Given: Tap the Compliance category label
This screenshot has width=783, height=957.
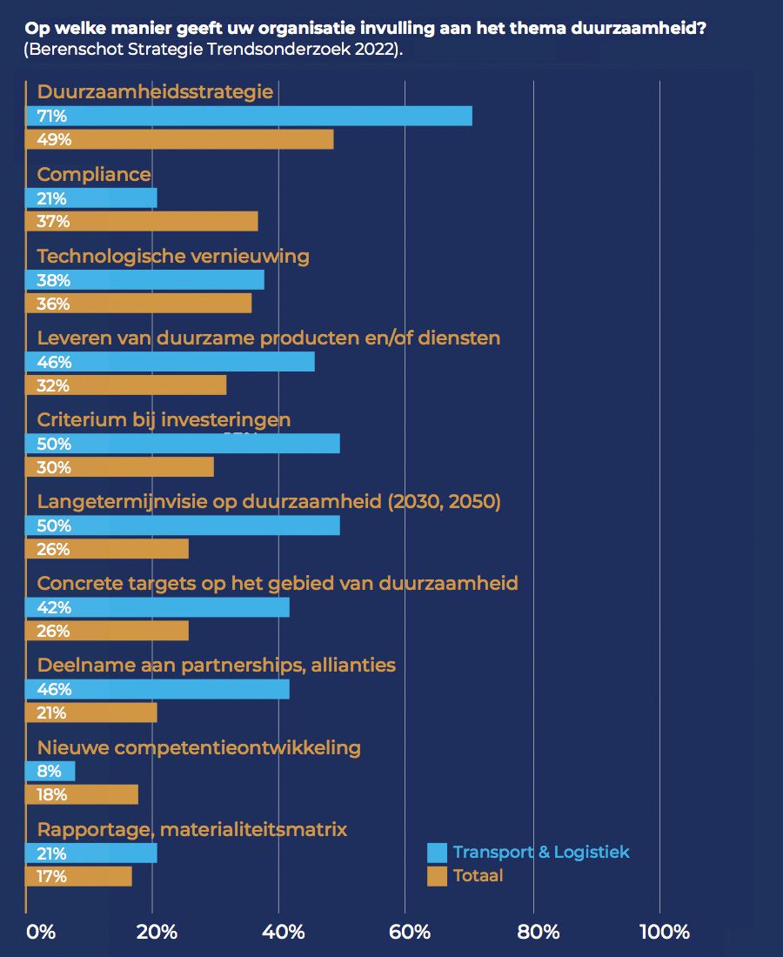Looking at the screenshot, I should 94,174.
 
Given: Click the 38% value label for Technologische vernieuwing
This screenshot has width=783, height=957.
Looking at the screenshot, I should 54,280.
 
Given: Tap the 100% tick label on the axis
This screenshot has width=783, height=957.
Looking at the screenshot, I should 664,932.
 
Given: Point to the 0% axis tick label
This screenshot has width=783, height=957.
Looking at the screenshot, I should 41,932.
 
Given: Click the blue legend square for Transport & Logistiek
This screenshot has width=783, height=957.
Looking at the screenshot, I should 438,852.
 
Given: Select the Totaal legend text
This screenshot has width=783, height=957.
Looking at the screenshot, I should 478,876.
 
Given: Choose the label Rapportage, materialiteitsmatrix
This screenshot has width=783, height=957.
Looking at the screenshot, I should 191,829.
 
